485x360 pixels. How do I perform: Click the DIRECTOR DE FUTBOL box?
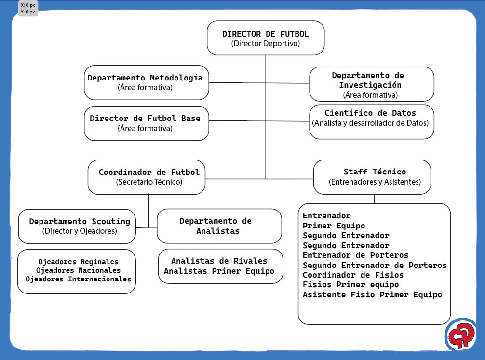(x=266, y=38)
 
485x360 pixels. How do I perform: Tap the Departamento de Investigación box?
(x=371, y=84)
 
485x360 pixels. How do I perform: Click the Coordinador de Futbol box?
(x=147, y=177)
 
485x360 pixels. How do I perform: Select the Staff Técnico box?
(x=372, y=176)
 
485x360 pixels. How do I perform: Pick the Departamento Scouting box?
(x=77, y=226)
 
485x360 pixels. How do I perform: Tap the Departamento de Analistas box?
(x=219, y=226)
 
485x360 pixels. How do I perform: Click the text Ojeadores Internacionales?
(x=78, y=279)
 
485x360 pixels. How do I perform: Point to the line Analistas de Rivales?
(x=219, y=261)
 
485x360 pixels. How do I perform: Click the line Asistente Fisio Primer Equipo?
(x=372, y=295)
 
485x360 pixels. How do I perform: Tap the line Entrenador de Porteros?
(x=355, y=255)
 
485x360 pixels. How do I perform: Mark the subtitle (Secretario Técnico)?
(x=148, y=183)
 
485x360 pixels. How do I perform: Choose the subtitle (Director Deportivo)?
(x=266, y=44)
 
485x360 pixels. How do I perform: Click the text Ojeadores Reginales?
(x=78, y=261)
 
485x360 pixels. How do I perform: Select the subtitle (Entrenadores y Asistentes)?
(x=375, y=183)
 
